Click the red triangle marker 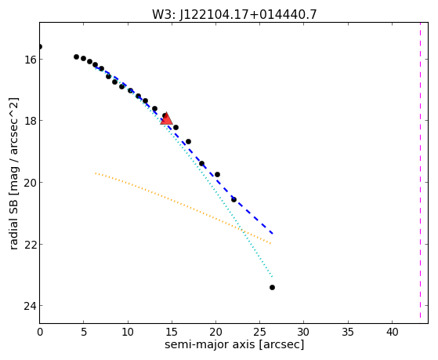tap(166, 118)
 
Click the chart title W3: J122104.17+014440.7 tap(234, 14)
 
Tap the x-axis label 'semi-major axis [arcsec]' tap(234, 344)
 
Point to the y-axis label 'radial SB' tap(13, 222)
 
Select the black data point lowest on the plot tap(273, 287)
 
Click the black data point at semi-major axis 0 tap(40, 46)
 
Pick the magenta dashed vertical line tap(420, 170)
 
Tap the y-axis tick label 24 tap(30, 306)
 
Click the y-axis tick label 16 tap(30, 60)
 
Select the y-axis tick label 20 tap(30, 183)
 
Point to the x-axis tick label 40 tap(392, 332)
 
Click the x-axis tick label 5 tap(84, 332)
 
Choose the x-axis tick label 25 tap(260, 332)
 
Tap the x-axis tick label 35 tap(348, 332)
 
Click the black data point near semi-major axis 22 tap(233, 199)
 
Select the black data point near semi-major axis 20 tap(217, 175)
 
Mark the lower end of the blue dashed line tap(273, 234)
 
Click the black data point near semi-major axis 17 tap(189, 141)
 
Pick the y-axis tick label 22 tap(30, 245)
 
